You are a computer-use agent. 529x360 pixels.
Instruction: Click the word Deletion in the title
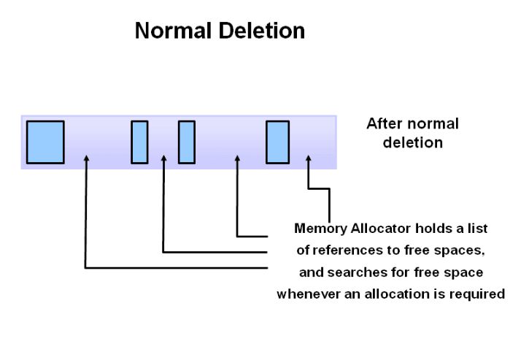[x=262, y=31]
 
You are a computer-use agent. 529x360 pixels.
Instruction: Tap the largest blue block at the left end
[x=45, y=142]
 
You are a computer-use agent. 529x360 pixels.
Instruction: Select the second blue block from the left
[x=139, y=142]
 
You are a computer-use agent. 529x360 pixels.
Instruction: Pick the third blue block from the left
[x=187, y=142]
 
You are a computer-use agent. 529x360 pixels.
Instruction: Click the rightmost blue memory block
[x=277, y=142]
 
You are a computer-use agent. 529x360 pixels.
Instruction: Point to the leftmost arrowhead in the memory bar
[x=86, y=158]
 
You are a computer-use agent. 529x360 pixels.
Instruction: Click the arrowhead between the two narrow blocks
[x=163, y=158]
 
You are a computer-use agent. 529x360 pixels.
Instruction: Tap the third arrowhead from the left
[x=237, y=158]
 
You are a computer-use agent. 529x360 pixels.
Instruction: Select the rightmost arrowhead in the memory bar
[x=309, y=158]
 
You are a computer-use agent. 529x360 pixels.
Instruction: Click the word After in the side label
[x=384, y=123]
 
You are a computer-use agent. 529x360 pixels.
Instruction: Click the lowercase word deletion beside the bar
[x=413, y=142]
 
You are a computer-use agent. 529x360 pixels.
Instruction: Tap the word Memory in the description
[x=320, y=229]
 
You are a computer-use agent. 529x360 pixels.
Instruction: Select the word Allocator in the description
[x=381, y=229]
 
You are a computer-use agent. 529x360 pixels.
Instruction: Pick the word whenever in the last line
[x=309, y=294]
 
